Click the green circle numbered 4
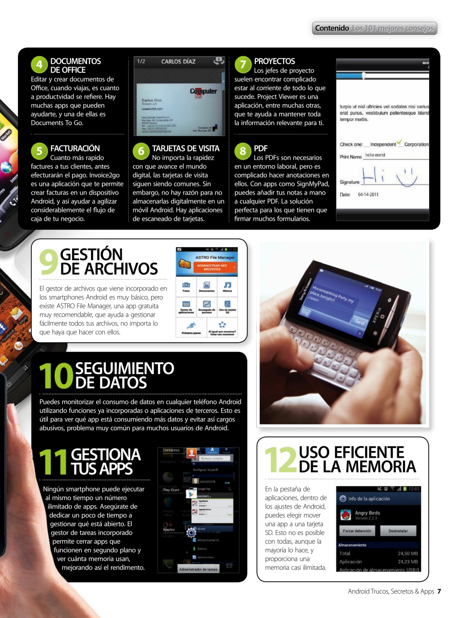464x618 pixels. [39, 65]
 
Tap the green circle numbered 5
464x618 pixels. [39, 151]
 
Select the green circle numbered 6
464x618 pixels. [141, 151]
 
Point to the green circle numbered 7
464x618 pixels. [243, 65]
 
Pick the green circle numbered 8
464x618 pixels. [243, 151]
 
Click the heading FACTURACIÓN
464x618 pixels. [75, 148]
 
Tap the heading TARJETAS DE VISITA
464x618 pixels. [186, 148]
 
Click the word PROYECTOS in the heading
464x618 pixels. [275, 61]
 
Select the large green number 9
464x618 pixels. [48, 262]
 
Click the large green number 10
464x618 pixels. [56, 376]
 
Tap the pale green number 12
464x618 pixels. [280, 460]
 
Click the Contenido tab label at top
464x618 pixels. [332, 28]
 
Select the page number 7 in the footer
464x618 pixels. [439, 591]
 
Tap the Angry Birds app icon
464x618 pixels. [346, 515]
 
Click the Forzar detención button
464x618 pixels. [357, 531]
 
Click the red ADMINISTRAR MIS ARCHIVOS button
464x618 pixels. [212, 267]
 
